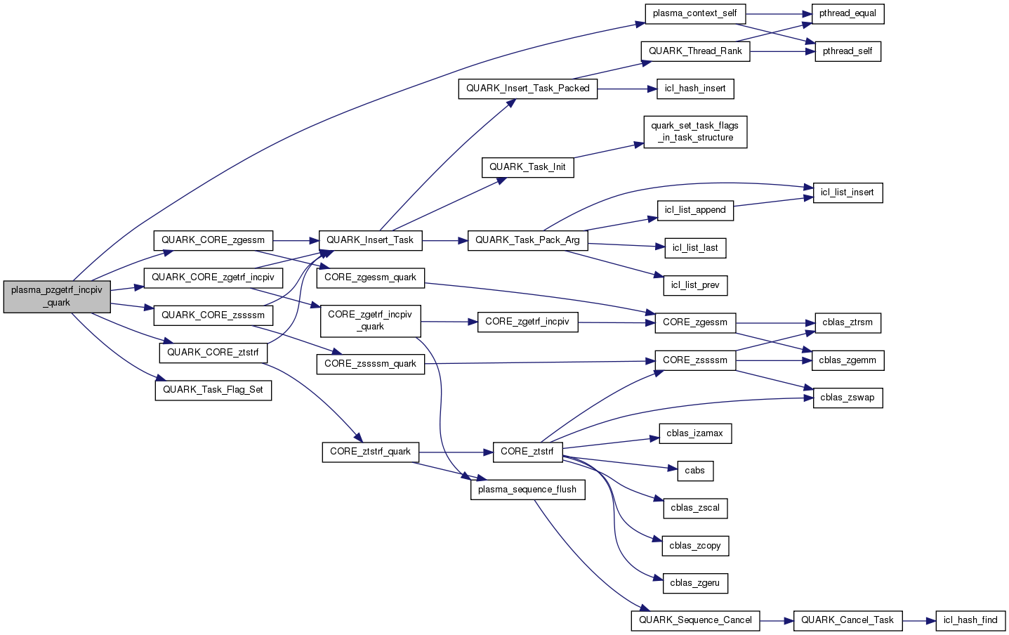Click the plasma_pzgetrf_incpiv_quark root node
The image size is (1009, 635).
(x=57, y=296)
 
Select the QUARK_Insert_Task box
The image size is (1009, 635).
(x=370, y=240)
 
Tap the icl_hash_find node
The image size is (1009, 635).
(x=970, y=620)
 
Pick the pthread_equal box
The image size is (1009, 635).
(x=848, y=13)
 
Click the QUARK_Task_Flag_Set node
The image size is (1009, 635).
(x=213, y=390)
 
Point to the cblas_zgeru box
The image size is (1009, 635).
(x=695, y=583)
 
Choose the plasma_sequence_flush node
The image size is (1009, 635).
(x=527, y=490)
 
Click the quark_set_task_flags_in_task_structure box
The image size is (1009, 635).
(x=695, y=132)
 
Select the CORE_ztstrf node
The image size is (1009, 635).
(x=527, y=452)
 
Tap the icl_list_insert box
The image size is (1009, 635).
(x=848, y=192)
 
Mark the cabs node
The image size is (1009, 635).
(x=695, y=471)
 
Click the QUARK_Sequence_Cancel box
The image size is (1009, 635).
(x=695, y=620)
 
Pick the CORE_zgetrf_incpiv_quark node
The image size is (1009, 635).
(x=370, y=320)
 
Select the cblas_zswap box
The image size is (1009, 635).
(x=848, y=398)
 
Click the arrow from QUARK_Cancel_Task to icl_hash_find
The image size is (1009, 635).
(x=920, y=621)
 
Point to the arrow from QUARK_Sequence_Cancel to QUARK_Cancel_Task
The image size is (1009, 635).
(x=776, y=621)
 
